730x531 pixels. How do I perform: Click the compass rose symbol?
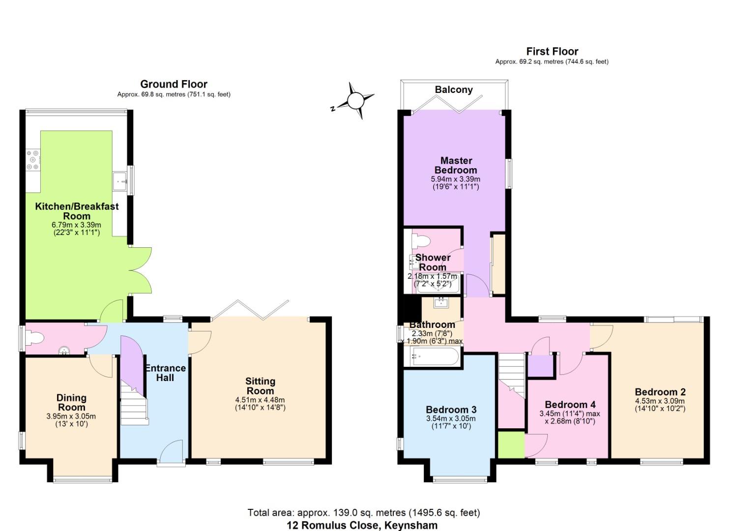355,101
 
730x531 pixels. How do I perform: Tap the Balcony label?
453,89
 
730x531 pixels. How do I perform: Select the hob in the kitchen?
33,160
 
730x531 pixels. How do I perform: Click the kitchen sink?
120,181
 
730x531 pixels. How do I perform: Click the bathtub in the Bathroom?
436,356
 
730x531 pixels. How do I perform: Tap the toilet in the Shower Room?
422,241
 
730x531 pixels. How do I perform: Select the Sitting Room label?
260,386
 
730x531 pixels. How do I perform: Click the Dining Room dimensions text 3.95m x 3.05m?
71,416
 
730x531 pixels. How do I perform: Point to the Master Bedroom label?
456,165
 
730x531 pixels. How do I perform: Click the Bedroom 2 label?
660,392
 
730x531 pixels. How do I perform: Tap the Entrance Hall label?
165,373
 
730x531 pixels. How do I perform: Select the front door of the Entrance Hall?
171,453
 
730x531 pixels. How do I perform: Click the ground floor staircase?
134,403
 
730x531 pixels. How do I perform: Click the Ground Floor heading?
174,84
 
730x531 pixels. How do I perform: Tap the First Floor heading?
552,51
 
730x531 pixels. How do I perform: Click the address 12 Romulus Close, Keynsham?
362,525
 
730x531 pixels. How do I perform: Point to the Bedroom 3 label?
451,410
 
